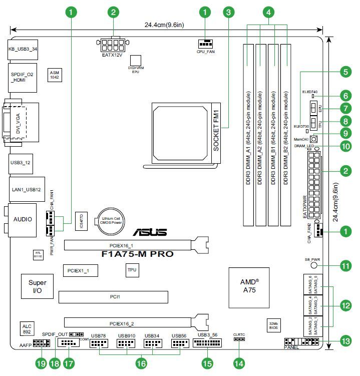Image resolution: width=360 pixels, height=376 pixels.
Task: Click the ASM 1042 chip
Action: [x=54, y=75]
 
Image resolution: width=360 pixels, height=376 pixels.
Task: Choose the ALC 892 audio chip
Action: [x=27, y=328]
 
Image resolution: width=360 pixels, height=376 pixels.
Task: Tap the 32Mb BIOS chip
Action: [x=273, y=325]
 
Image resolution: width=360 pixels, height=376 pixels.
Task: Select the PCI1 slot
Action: [x=115, y=297]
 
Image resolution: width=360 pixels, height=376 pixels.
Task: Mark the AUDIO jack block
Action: [x=23, y=219]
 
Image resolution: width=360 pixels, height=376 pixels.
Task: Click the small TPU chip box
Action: [x=132, y=270]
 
